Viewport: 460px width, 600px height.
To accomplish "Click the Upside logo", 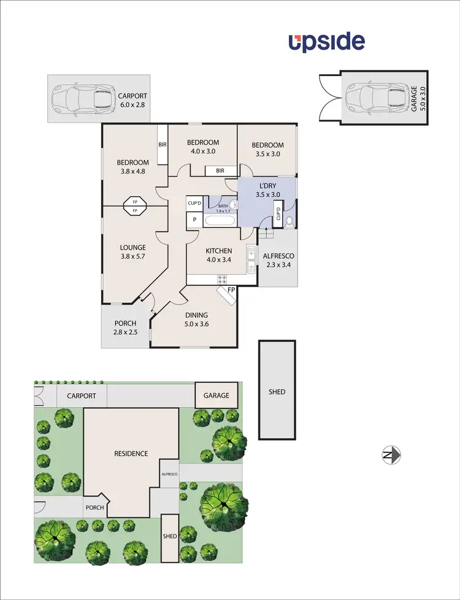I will tap(327, 42).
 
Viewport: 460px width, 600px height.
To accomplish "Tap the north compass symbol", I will tap(391, 455).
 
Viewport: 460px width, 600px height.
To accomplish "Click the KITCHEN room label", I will tap(218, 251).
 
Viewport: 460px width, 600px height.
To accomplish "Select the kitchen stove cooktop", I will tap(222, 279).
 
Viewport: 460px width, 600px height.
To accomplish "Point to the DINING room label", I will tap(196, 315).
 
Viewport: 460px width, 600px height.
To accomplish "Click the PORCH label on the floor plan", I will tap(125, 323).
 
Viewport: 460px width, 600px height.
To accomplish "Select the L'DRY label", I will tap(267, 185).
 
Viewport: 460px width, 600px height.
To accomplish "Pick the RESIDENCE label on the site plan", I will tap(131, 454).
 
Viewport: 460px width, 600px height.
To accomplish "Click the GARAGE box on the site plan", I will tap(217, 396).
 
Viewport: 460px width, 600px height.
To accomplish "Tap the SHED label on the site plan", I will tap(170, 536).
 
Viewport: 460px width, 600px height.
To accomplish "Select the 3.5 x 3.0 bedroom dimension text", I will tap(267, 154).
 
